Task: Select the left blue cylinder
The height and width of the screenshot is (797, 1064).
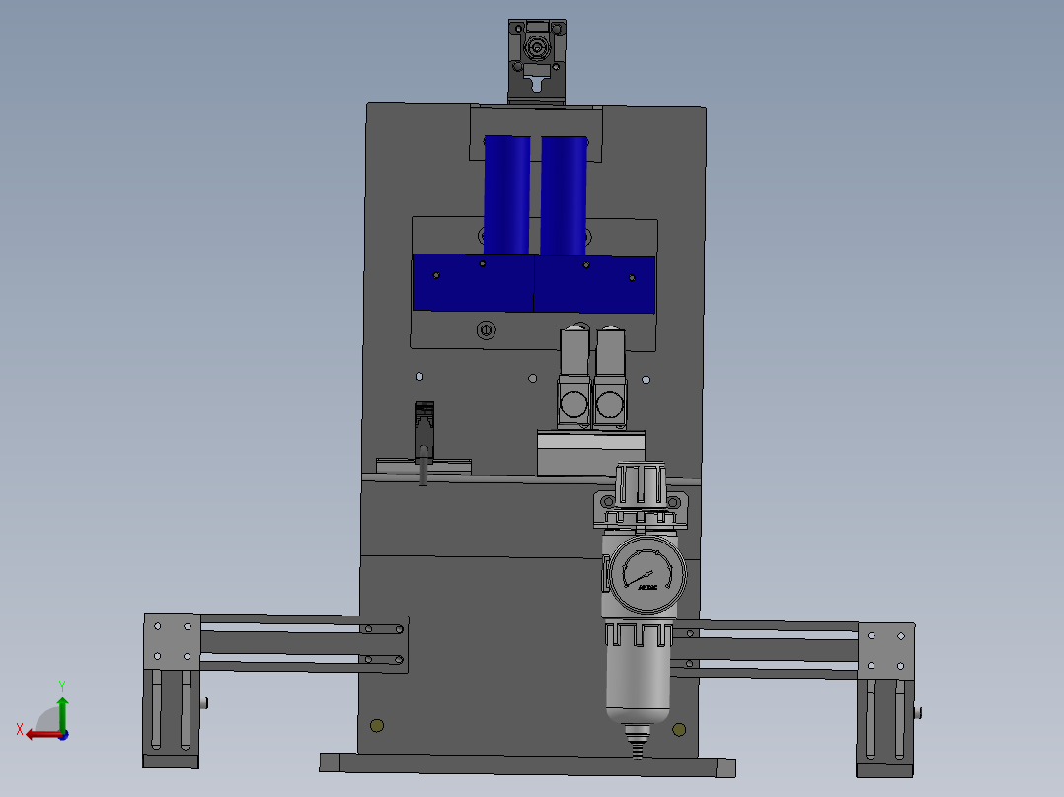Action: [506, 193]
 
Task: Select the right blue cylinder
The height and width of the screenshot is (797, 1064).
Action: [565, 193]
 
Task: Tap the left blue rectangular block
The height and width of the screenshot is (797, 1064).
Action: [473, 282]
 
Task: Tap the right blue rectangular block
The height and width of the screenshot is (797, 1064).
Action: [594, 284]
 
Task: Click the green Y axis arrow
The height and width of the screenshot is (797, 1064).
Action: [62, 708]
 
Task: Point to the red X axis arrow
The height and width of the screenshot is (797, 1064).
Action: [39, 734]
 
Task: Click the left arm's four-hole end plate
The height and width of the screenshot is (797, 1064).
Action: [172, 641]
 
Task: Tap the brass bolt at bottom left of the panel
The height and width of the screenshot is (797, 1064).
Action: [375, 727]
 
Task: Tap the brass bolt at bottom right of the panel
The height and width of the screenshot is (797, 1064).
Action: [679, 730]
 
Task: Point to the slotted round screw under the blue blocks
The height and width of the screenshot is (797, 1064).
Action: [485, 330]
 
